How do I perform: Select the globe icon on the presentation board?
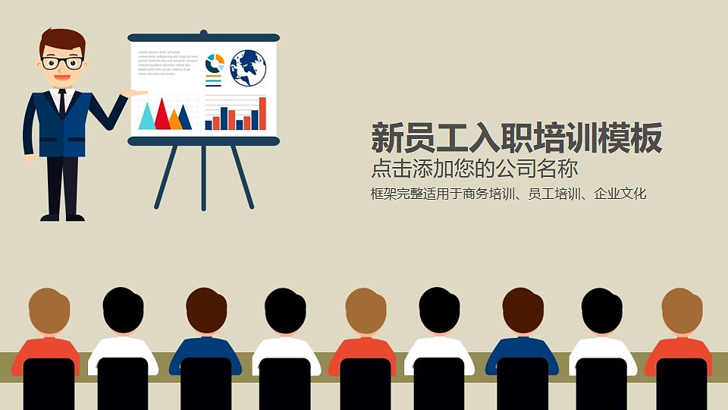click(x=248, y=67)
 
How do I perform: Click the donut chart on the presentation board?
click(x=215, y=63)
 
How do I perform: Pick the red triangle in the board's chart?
click(x=162, y=114)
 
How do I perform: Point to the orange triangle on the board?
click(x=176, y=119)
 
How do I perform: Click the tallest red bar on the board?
click(x=262, y=113)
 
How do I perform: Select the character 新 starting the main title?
click(x=386, y=138)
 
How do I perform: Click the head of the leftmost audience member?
click(x=49, y=311)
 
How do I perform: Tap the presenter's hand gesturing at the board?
click(x=136, y=93)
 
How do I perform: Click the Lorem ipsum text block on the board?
click(x=163, y=63)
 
